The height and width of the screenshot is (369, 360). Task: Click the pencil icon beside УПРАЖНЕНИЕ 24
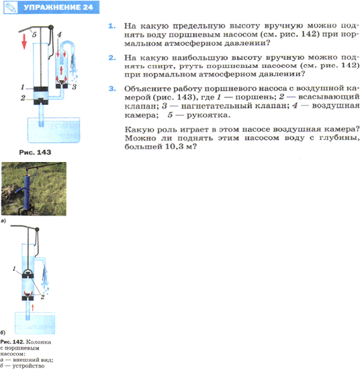(10, 7)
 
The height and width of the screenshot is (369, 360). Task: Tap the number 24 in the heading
(88, 7)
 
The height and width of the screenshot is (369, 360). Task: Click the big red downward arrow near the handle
(24, 42)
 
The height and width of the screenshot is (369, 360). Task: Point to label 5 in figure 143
(34, 35)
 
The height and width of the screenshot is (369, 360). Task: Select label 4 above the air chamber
(59, 35)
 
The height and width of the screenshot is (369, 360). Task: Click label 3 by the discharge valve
(74, 87)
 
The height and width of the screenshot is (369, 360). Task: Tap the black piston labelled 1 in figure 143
(41, 89)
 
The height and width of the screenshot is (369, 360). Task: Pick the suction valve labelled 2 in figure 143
(41, 101)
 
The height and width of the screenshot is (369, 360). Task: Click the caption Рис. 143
(35, 153)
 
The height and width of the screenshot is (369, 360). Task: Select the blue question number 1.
(111, 26)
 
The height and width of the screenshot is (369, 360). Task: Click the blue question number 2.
(112, 58)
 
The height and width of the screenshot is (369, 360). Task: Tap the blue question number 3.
(112, 89)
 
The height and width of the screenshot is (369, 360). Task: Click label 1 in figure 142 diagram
(14, 269)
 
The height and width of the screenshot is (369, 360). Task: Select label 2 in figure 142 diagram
(42, 297)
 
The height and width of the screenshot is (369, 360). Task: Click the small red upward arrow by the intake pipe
(33, 307)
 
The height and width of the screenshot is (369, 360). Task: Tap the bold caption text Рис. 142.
(12, 342)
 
